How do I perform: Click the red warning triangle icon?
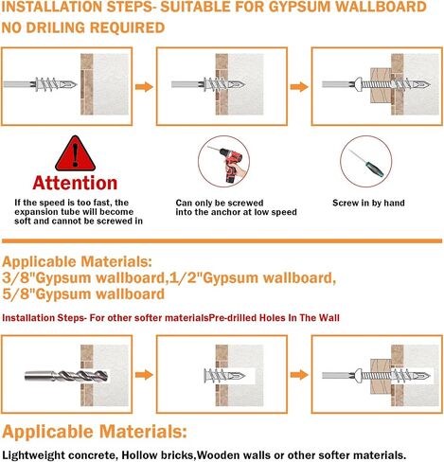coord(75,154)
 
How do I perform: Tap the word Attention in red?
coord(75,183)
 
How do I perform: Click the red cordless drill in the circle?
coord(231,163)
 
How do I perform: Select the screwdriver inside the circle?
coord(366,163)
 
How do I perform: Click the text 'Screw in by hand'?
coord(368,203)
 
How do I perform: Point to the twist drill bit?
coord(66,376)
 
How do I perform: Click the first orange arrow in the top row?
coord(144,86)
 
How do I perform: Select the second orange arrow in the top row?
coord(299,86)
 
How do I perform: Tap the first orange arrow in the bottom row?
coord(144,375)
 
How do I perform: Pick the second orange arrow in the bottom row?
coord(299,375)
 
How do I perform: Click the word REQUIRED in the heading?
coord(127,27)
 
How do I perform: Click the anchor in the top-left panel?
coord(56,84)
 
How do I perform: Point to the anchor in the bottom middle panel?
coord(224,375)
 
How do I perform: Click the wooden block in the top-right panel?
coord(381,84)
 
